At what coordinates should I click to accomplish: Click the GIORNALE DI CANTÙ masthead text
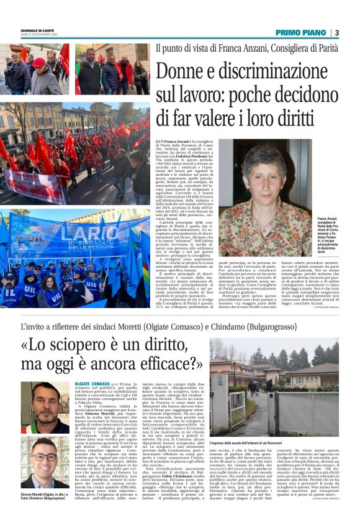(x=22, y=30)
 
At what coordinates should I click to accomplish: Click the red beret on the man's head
(x=39, y=61)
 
